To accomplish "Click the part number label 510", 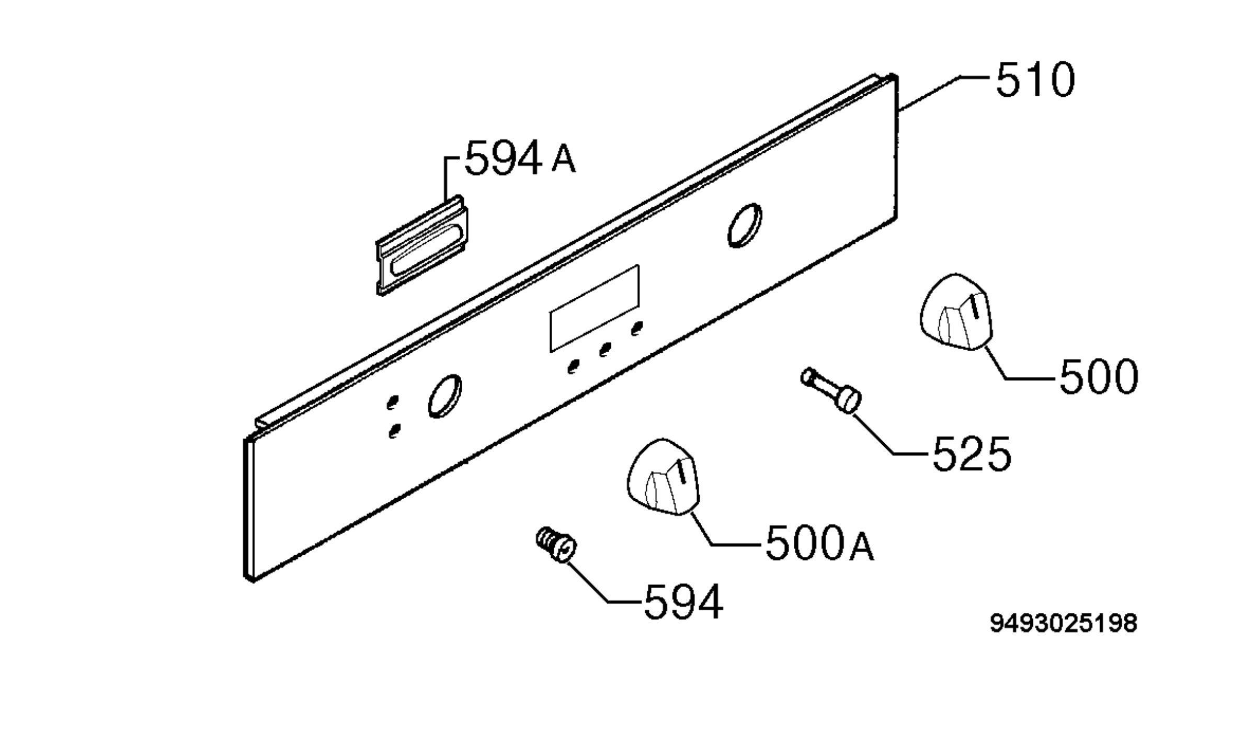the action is (1035, 80).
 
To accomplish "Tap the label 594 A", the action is (520, 157).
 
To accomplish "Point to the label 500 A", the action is (819, 545).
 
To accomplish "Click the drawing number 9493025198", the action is (1063, 623).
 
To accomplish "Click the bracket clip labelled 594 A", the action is (421, 245).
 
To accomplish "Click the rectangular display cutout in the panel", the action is (594, 308).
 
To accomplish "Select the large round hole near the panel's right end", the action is (745, 225).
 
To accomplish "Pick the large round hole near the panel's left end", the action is (445, 396).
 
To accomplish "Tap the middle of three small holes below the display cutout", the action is (605, 349).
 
